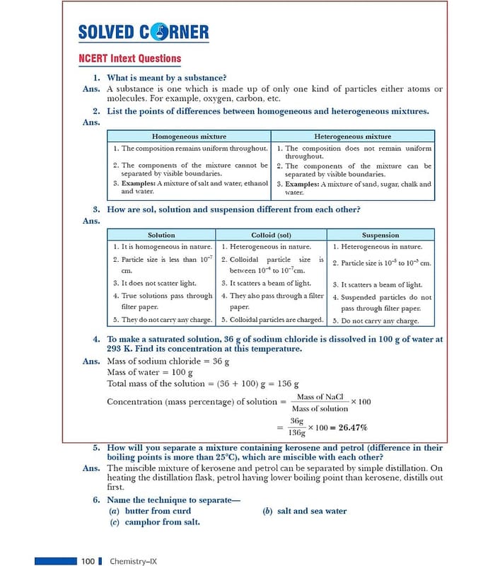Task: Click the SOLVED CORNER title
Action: coord(144,32)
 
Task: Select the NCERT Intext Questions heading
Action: coord(129,59)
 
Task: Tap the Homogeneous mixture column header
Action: coord(190,136)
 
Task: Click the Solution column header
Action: coord(161,235)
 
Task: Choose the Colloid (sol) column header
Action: coord(272,235)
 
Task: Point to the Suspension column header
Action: coord(380,235)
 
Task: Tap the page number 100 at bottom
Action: coord(88,561)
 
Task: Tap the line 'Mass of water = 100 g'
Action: coord(150,372)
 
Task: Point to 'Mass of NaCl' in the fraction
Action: coord(320,398)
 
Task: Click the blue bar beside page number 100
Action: coord(55,561)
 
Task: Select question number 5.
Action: coord(95,448)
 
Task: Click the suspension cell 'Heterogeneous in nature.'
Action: coord(381,247)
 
